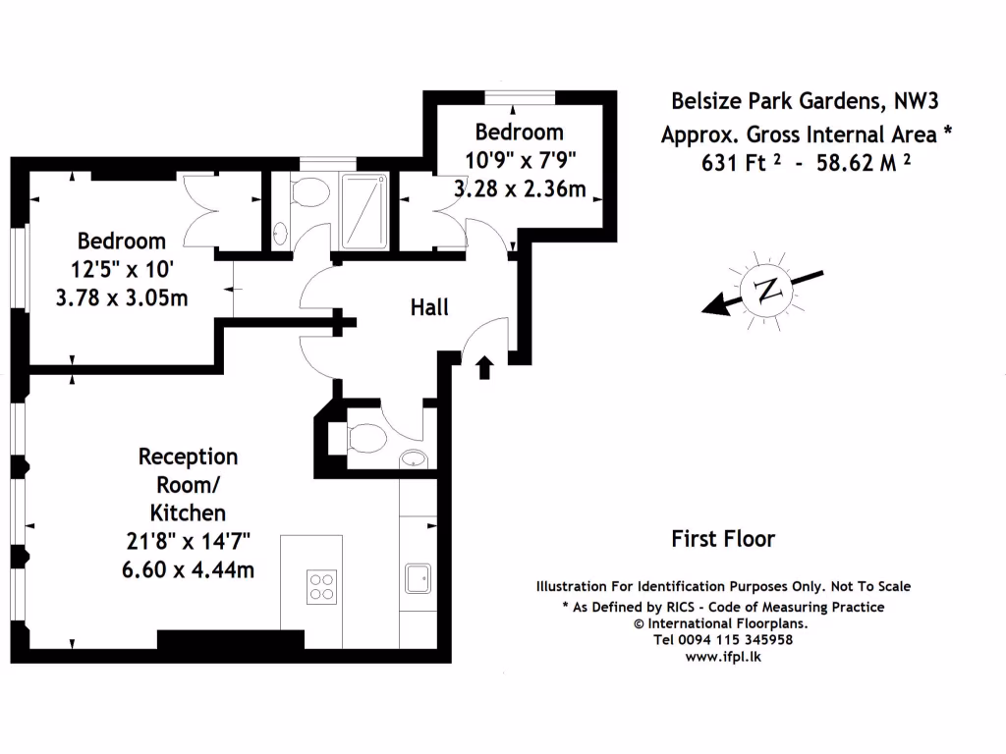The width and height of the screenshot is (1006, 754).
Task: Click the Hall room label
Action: point(429,307)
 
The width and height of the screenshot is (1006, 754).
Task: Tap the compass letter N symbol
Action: point(767,291)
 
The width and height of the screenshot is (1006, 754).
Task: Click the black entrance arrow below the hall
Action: point(485,367)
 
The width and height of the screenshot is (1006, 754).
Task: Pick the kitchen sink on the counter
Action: point(418,578)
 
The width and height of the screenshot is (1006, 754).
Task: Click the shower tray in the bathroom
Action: point(364,211)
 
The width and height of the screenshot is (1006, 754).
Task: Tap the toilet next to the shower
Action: point(309,191)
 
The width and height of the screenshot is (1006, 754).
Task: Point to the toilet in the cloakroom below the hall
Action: point(366,439)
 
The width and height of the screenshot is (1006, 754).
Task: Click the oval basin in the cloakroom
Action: point(414,458)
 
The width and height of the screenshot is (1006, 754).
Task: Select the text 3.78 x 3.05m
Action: point(122,298)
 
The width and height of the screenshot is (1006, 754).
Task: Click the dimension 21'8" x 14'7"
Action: point(188,542)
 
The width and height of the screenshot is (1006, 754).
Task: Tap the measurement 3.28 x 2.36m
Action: point(521,189)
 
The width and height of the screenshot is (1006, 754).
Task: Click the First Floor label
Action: point(723,539)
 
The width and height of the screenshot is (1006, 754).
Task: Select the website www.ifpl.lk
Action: point(723,657)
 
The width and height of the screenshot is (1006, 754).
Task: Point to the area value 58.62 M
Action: point(857,163)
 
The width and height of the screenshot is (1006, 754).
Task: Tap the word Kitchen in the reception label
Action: point(188,512)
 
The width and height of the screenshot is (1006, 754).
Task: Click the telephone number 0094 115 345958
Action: point(735,640)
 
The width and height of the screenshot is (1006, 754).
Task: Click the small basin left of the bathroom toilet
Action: point(280,234)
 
